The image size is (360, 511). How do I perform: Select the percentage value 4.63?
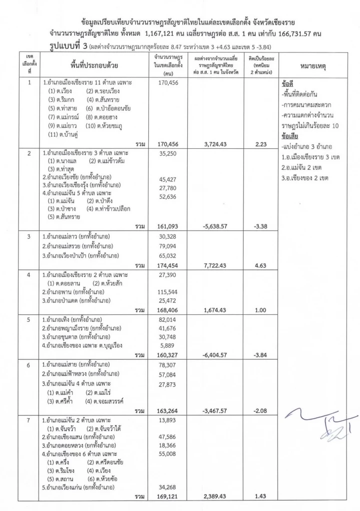click(x=260, y=265)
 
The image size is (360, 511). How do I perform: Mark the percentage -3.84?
click(x=260, y=355)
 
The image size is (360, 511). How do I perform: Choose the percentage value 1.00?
click(x=260, y=310)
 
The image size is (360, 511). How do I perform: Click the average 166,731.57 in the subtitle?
click(x=282, y=33)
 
